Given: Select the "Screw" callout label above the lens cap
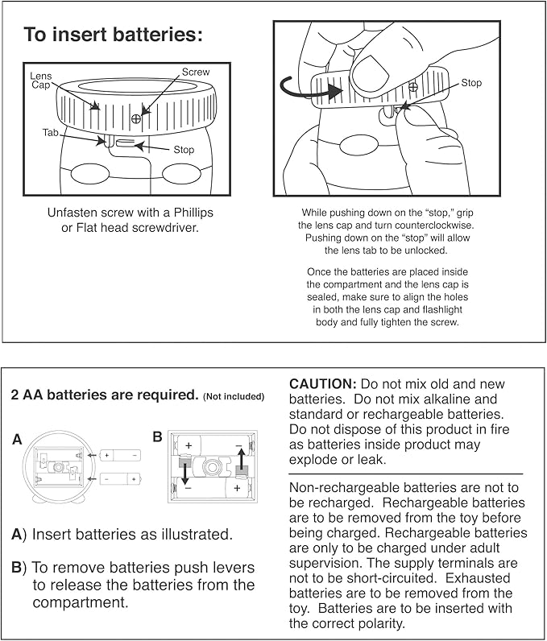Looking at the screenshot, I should point(195,72).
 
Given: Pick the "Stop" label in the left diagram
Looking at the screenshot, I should point(184,150).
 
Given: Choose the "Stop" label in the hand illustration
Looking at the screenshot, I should point(471,83).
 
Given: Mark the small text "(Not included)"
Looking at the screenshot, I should point(234,396).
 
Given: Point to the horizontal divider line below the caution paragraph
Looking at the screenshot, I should point(406,474).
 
